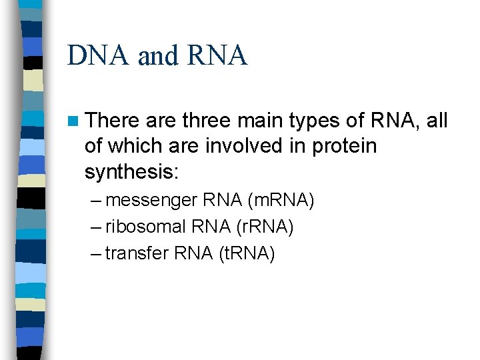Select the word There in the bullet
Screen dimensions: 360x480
click(111, 121)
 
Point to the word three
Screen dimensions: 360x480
click(205, 121)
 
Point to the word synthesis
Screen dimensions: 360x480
click(131, 172)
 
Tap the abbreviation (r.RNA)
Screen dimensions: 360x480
click(265, 227)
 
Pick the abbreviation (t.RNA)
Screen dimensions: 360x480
click(247, 253)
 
